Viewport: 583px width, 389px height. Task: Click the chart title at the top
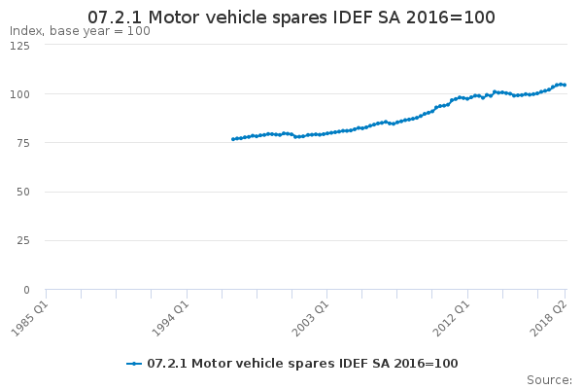tap(291, 18)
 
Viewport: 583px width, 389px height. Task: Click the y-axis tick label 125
tap(19, 46)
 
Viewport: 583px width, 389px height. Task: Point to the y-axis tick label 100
tap(19, 94)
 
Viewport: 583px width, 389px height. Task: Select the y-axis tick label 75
tap(23, 143)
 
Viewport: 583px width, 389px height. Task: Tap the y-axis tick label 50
tap(23, 193)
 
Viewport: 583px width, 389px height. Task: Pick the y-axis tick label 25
tap(23, 241)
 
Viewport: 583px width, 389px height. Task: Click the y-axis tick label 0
tap(26, 290)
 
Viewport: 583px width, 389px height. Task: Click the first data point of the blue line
tap(233, 139)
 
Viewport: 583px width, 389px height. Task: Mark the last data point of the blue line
tap(565, 85)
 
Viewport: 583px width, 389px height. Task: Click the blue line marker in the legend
tap(134, 364)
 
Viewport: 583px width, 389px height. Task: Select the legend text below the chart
tap(302, 364)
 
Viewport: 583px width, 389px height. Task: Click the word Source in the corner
tap(549, 380)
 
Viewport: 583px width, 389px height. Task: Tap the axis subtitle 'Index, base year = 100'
tap(80, 31)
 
